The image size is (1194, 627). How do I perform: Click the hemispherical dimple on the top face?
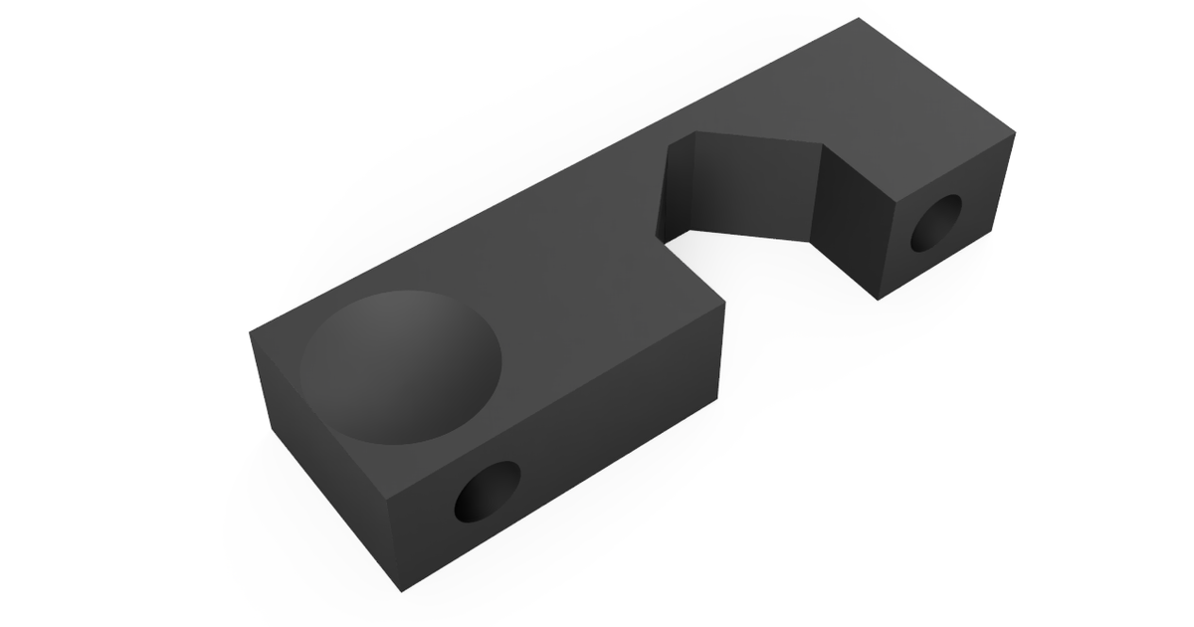[x=400, y=366]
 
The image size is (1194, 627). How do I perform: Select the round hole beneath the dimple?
[x=488, y=492]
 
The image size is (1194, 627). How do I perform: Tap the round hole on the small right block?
[x=937, y=222]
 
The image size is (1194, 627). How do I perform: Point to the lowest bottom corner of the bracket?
[x=402, y=591]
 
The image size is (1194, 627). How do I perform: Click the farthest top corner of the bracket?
[x=859, y=18]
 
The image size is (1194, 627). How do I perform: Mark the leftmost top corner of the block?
[x=249, y=332]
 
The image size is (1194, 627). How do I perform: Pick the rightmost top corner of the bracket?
[x=1014, y=131]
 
